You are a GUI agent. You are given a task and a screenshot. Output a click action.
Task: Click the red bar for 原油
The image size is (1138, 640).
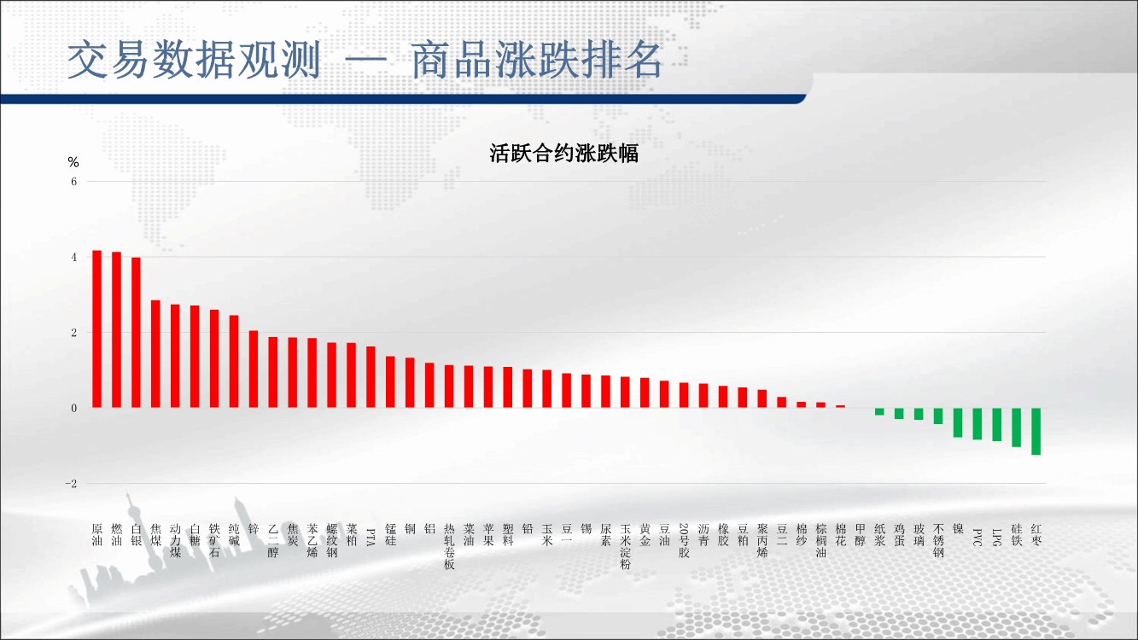point(96,329)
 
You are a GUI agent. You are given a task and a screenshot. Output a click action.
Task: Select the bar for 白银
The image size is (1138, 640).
point(136,333)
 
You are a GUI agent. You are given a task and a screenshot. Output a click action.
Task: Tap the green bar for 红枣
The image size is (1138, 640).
point(1036,431)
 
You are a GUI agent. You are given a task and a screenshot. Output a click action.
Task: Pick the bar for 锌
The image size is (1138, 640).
point(254,369)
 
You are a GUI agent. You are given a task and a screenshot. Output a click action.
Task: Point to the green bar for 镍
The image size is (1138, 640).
point(958,422)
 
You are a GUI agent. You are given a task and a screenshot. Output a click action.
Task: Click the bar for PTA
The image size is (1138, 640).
point(371,377)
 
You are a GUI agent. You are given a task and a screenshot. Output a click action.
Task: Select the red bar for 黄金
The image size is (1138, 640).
point(645,393)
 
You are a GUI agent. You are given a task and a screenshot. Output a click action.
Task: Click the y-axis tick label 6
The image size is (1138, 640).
point(74,182)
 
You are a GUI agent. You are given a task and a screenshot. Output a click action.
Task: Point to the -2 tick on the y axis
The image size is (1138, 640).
point(71,484)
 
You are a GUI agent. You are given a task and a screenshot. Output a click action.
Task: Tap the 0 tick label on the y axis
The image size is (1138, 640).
point(74,409)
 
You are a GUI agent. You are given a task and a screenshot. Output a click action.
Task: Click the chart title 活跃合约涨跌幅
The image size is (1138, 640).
point(564,154)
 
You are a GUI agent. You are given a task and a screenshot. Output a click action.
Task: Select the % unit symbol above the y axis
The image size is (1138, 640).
point(73,162)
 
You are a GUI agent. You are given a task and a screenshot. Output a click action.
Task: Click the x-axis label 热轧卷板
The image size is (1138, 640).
point(449,546)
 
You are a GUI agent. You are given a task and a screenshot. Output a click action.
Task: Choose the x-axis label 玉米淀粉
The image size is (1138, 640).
point(626,546)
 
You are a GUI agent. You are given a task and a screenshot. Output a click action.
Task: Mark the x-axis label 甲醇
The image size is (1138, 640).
point(860,535)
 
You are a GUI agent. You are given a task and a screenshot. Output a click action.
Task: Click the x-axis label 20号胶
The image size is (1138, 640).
point(684,541)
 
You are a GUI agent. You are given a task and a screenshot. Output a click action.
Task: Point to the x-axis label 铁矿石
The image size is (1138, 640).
point(214,541)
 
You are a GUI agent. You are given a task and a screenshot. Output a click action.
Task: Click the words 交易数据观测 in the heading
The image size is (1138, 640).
point(194,60)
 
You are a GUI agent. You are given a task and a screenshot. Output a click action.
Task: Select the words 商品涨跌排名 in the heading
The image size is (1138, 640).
point(536,60)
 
